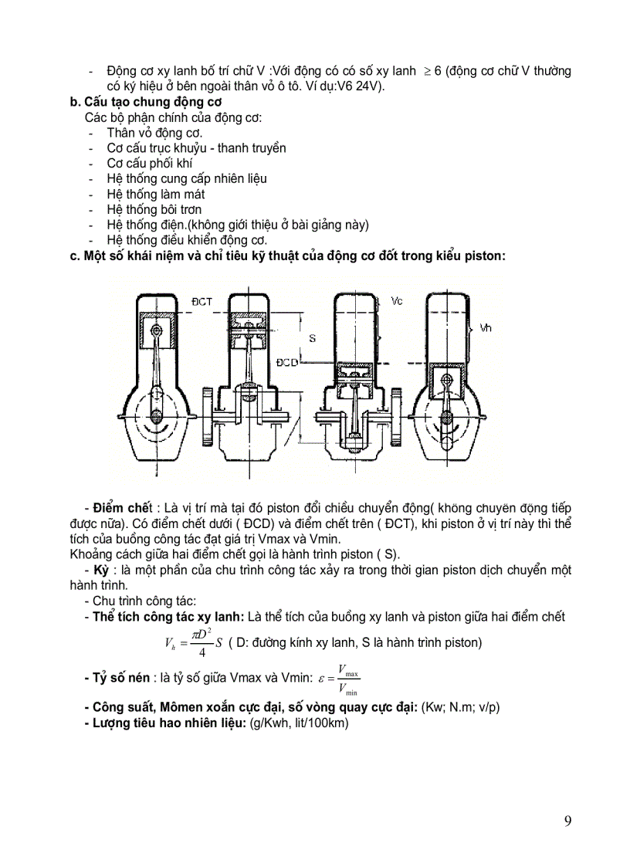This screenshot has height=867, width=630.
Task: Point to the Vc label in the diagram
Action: (x=397, y=300)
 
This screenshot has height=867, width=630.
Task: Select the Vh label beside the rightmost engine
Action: (x=486, y=328)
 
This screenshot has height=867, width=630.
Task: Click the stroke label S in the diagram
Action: (x=312, y=338)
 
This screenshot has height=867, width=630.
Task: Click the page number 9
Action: (x=567, y=821)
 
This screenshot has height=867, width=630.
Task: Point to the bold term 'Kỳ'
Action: (x=101, y=570)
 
